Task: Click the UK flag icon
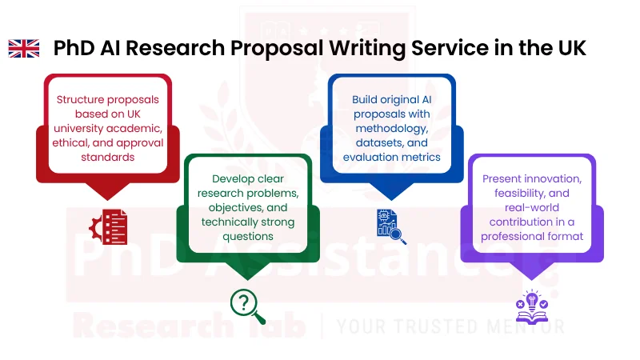pyautogui.click(x=24, y=49)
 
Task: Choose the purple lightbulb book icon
pyautogui.click(x=532, y=303)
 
